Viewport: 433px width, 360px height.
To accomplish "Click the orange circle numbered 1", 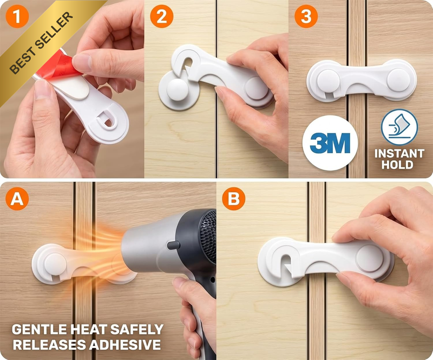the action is (x=17, y=16).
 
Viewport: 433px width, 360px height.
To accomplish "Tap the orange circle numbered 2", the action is (x=162, y=16).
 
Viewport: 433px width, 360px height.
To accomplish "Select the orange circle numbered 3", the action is (x=306, y=16).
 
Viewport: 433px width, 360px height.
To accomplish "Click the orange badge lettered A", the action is (x=17, y=199).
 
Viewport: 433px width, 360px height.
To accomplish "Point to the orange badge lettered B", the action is (x=234, y=199).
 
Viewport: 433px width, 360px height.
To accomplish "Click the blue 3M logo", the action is (x=330, y=143).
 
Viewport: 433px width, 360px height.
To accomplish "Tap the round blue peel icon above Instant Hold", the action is (x=399, y=127).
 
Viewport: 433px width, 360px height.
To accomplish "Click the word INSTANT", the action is (x=399, y=153).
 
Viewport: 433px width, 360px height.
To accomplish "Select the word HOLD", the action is (x=397, y=165).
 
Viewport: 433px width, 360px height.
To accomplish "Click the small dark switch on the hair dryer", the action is (x=173, y=245).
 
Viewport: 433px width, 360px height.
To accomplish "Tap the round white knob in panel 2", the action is (x=178, y=89).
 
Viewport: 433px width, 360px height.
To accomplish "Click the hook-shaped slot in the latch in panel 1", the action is (x=106, y=119).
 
